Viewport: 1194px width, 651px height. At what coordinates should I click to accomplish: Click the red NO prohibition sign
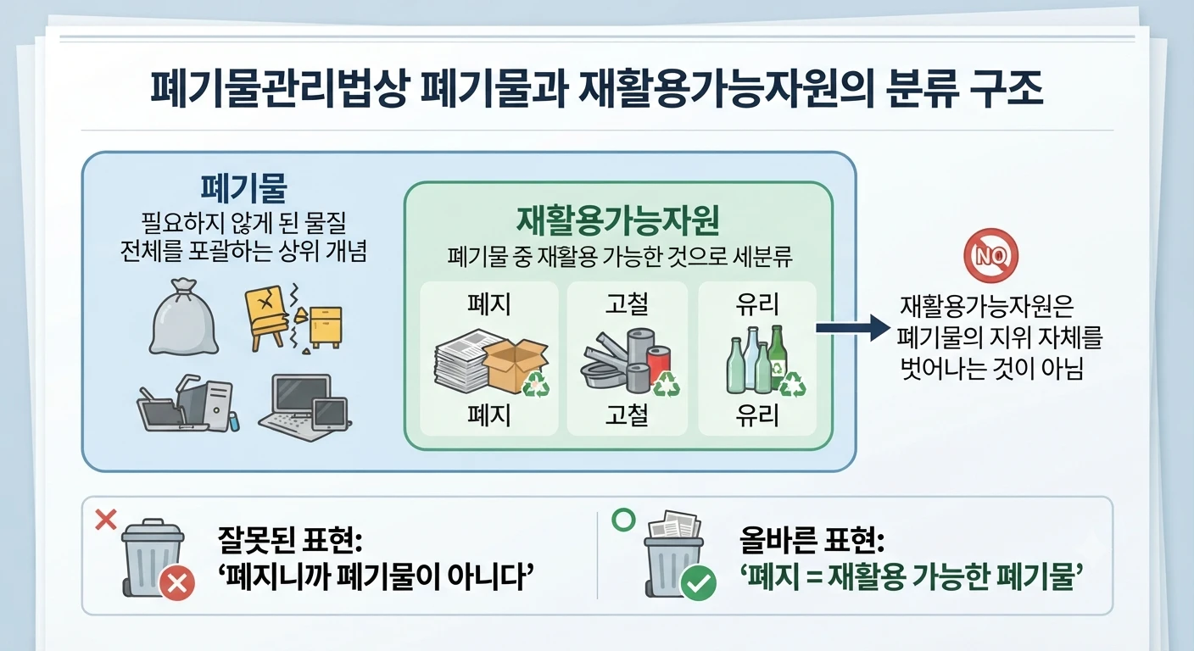[991, 255]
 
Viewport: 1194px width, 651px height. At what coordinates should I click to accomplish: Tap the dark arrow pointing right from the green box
[853, 328]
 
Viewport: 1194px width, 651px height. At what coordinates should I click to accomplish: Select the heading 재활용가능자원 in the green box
[618, 220]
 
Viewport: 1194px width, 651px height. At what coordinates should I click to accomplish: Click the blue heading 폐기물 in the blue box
[243, 187]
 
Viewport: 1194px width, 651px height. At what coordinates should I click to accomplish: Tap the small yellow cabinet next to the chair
[325, 326]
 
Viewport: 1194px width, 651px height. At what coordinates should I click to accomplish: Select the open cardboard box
[515, 364]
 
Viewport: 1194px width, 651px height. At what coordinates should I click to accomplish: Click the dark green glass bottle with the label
[776, 358]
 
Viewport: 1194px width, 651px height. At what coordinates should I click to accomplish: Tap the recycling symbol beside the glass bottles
[793, 384]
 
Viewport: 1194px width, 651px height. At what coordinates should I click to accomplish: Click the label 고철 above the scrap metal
[627, 304]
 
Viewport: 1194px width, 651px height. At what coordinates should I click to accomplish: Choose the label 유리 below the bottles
[757, 415]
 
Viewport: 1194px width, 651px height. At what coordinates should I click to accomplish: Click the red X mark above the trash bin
[105, 520]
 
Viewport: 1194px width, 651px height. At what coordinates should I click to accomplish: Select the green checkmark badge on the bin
[698, 584]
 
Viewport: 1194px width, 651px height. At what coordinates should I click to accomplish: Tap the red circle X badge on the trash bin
[177, 584]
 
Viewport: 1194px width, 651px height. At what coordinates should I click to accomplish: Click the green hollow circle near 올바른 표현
[623, 519]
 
